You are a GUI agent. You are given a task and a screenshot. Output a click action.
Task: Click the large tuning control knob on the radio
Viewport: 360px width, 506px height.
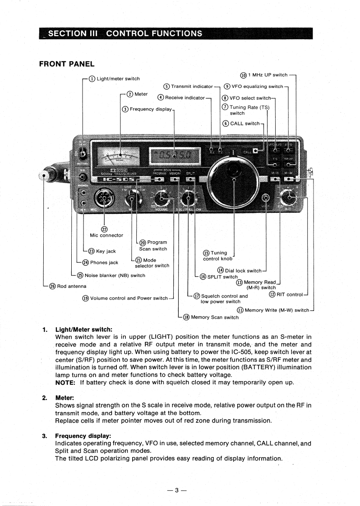(x=234, y=173)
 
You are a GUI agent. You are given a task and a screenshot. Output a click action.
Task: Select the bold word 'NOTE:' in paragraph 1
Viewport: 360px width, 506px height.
(x=65, y=383)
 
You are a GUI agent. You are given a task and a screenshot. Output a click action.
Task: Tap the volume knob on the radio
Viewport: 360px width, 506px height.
(x=162, y=197)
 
